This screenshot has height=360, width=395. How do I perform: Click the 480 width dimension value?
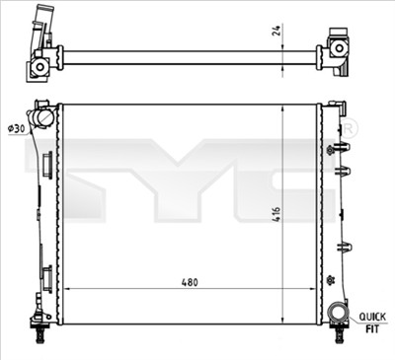pyautogui.click(x=190, y=282)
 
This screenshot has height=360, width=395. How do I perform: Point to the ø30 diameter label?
pyautogui.click(x=16, y=129)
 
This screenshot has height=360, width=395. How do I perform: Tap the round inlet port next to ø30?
pyautogui.click(x=43, y=117)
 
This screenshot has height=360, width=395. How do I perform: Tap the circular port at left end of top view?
pyautogui.click(x=39, y=66)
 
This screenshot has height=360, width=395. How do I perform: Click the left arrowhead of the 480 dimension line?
pyautogui.click(x=66, y=289)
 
